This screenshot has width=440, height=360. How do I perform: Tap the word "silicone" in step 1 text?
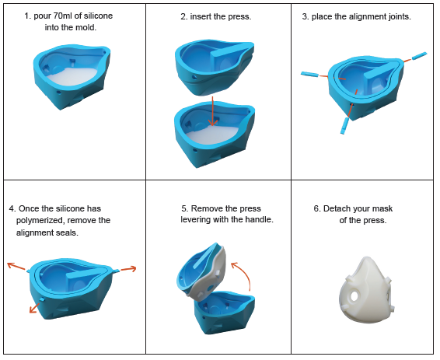click(x=98, y=16)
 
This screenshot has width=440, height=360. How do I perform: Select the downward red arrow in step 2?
click(x=213, y=111)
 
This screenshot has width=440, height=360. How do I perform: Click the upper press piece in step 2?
click(x=215, y=67)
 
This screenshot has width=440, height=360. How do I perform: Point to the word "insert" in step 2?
click(x=201, y=16)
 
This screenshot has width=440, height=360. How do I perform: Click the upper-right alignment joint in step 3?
click(x=419, y=55)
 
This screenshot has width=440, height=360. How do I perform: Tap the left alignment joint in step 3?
click(x=309, y=74)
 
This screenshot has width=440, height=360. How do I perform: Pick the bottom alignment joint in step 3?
click(x=344, y=126)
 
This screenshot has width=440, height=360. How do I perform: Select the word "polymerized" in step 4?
click(x=40, y=221)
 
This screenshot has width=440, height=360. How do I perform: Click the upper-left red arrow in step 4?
click(x=17, y=266)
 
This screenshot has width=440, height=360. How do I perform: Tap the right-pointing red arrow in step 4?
click(x=128, y=269)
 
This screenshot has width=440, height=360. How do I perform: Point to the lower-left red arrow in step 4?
click(x=34, y=308)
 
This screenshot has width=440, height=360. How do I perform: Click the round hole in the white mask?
click(x=354, y=295)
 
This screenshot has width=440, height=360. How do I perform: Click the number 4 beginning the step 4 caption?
click(x=12, y=208)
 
